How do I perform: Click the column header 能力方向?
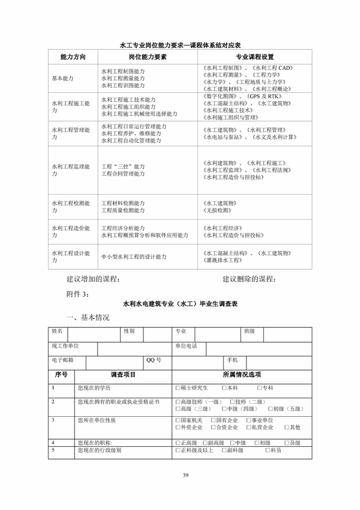[73, 57]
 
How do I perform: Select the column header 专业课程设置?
[255, 57]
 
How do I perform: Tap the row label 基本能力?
[63, 78]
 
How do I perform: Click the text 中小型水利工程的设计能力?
[134, 257]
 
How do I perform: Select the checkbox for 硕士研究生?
[178, 388]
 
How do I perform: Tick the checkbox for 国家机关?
[178, 420]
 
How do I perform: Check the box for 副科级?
[224, 450]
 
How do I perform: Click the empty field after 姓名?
[93, 335]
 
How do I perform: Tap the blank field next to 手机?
[279, 363]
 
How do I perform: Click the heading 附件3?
[78, 294]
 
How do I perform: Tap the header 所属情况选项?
[242, 375]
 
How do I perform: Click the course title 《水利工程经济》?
[223, 228]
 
